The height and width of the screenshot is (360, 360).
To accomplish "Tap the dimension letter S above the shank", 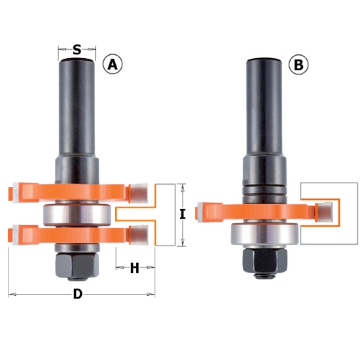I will click(77, 50).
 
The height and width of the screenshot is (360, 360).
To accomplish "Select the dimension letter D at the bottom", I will click(77, 295).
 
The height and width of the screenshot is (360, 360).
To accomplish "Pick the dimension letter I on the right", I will click(183, 214).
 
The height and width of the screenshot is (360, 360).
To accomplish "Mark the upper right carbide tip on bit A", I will click(138, 192).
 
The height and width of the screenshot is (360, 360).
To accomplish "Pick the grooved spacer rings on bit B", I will click(265, 190).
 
